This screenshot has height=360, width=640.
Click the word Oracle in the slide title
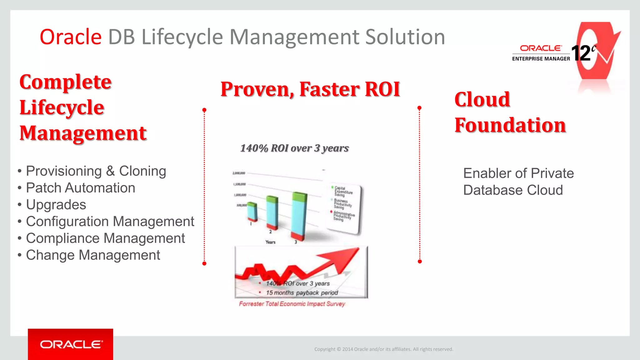71,37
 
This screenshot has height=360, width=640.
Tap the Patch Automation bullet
80,188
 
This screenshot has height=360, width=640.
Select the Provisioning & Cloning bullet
96,171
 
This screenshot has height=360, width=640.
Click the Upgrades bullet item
56,205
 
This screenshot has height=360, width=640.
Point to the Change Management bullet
93,255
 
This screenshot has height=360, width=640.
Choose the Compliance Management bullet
105,238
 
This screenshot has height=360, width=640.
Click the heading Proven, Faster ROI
310,89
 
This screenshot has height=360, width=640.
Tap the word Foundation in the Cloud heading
510,125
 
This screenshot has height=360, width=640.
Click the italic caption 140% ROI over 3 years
294,148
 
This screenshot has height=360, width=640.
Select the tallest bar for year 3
299,216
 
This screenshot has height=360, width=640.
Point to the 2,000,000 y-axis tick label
239,173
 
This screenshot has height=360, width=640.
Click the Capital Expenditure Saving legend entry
343,191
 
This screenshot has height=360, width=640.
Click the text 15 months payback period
302,293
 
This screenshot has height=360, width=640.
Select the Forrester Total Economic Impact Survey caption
292,304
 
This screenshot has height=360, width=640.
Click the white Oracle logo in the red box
71,344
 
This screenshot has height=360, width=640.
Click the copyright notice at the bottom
383,349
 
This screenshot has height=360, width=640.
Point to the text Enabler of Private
518,173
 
